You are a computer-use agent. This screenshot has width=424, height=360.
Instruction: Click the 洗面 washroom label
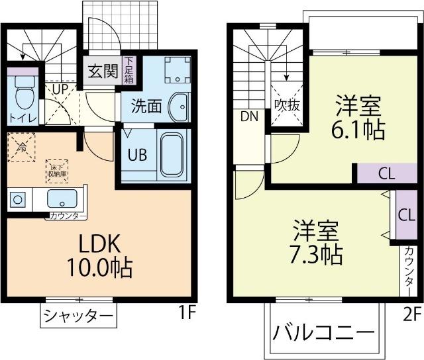click(x=146, y=106)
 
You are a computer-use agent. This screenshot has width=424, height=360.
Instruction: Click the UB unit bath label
click(x=138, y=156)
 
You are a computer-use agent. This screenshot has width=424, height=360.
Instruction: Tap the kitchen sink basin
click(x=64, y=198)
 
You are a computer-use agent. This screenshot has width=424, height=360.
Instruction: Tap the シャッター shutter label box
click(x=78, y=315)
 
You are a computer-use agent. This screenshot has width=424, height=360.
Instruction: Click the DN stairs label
click(x=249, y=117)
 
